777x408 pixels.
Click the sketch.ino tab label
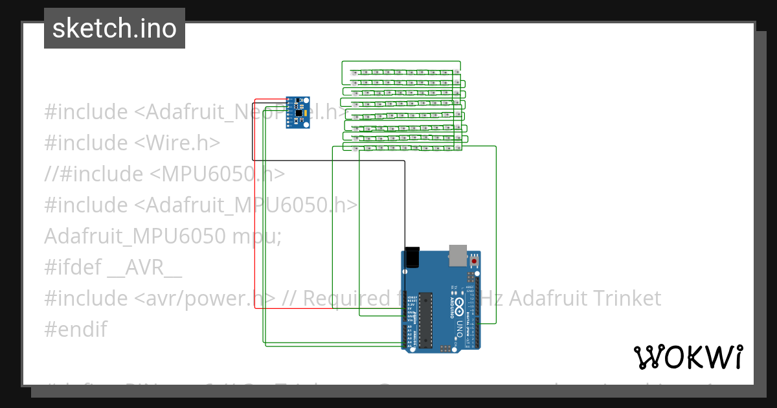[115, 28]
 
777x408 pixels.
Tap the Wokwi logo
[688, 357]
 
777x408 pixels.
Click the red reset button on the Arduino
[475, 260]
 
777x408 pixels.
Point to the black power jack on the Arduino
[412, 258]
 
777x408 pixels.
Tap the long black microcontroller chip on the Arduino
[425, 319]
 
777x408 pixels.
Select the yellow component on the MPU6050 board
[300, 102]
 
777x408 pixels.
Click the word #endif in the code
[76, 329]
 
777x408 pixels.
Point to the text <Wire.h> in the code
[177, 142]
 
